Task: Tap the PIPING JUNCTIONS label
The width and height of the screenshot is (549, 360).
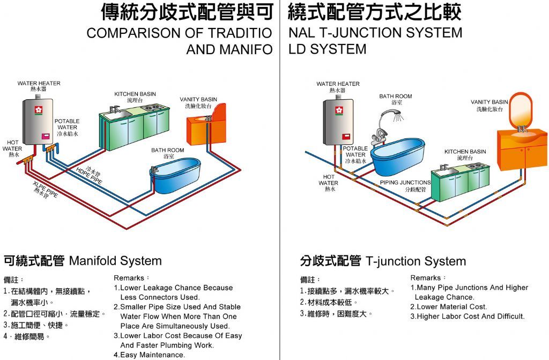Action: coord(405,182)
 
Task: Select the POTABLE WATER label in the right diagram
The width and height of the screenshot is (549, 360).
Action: coord(355,152)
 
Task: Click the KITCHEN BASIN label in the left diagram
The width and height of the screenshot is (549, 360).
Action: coord(135,94)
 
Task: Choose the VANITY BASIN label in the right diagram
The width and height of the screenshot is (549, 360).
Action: coord(489,102)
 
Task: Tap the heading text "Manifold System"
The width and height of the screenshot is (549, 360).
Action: coord(115,261)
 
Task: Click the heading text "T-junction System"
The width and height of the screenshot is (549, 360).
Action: coord(416,261)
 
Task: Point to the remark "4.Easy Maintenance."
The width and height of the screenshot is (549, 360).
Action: coord(150,355)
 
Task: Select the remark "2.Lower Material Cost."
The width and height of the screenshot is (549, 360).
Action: coord(449,307)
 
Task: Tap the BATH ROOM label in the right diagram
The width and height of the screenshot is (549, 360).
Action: coord(396,97)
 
